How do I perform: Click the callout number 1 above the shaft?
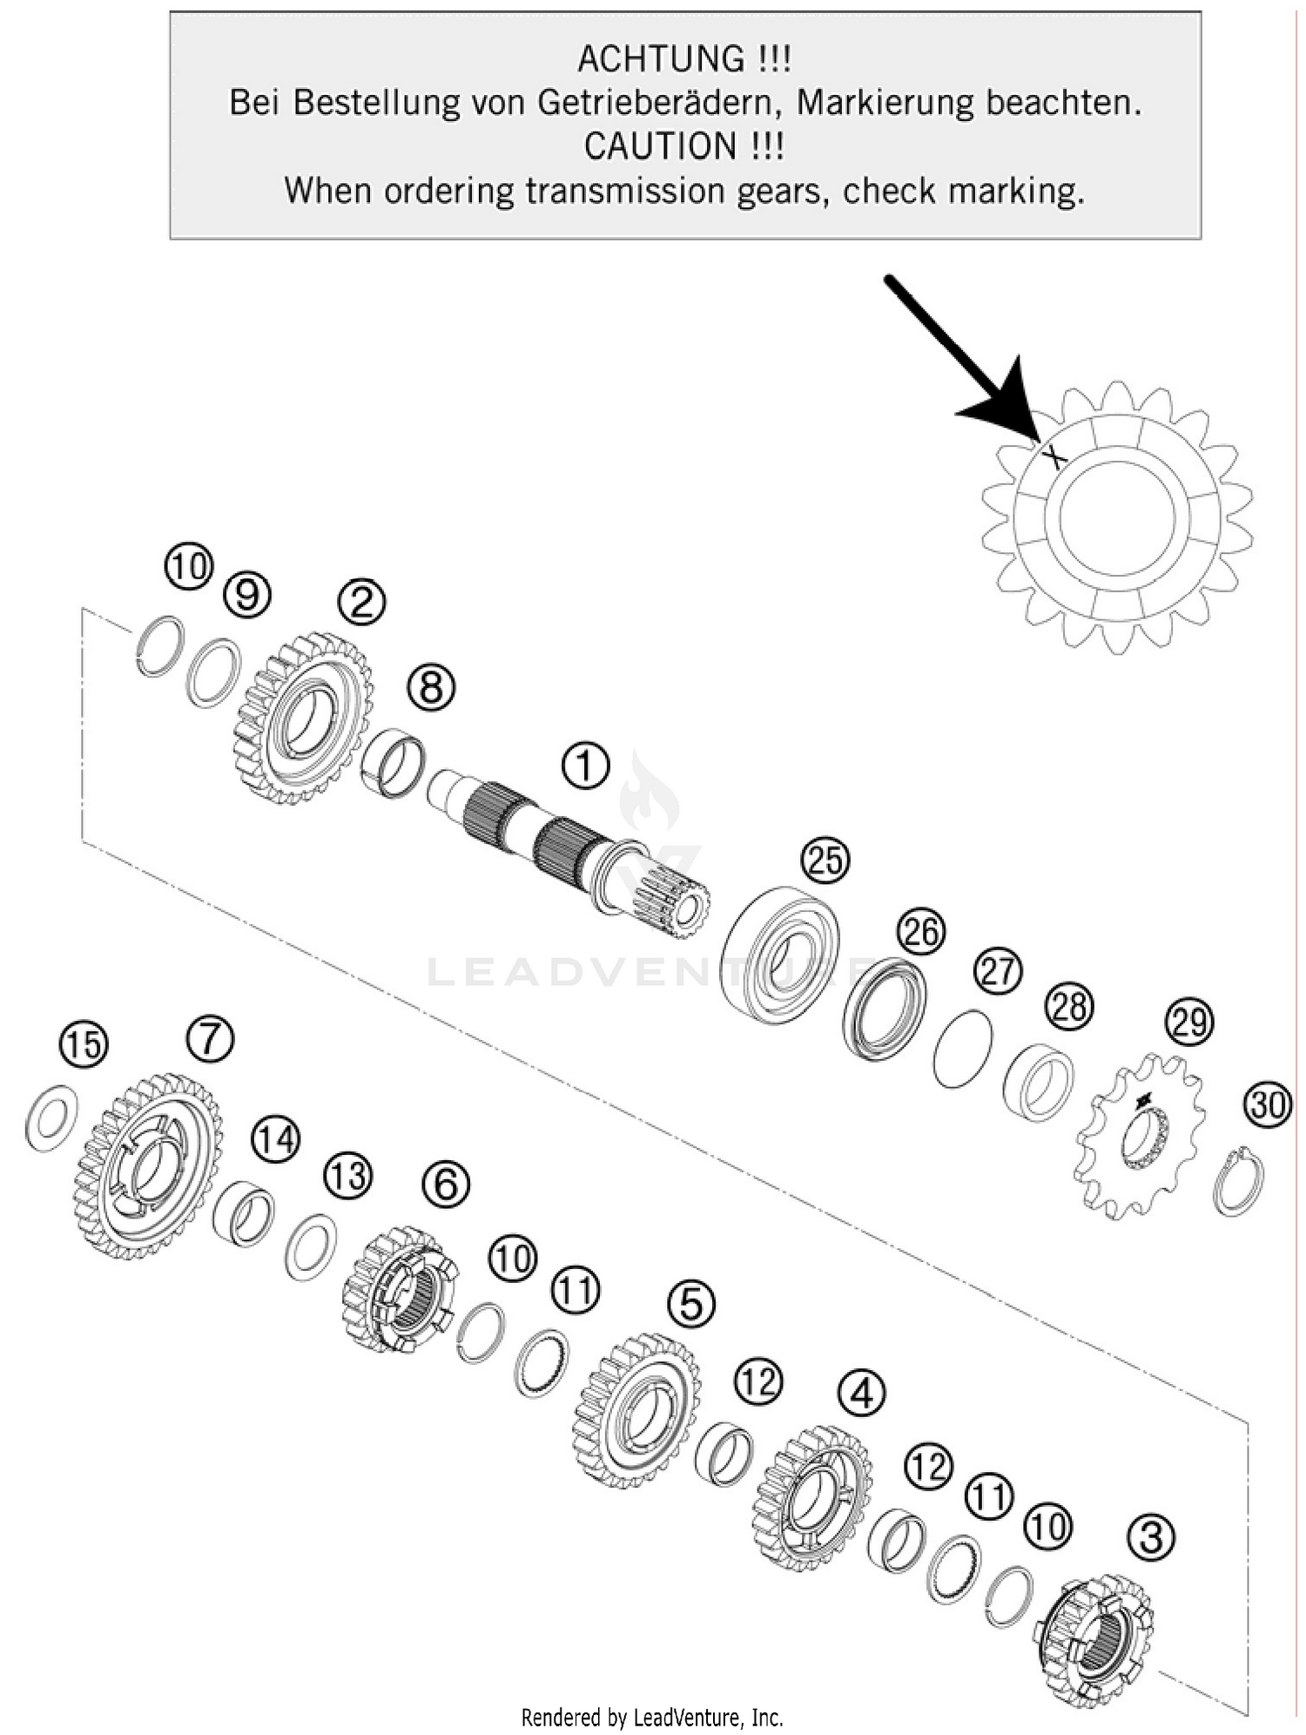coord(586,766)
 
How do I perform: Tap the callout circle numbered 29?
coord(1190,1021)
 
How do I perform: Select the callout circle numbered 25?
coord(825,861)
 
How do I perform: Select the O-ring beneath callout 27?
coord(962,1048)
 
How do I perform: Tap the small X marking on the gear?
coord(1054,456)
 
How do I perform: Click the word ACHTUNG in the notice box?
coord(660,59)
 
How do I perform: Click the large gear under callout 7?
coord(148,1167)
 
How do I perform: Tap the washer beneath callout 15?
coord(51,1117)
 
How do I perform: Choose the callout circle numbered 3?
coord(1151,1536)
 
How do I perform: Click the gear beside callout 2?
coord(303,718)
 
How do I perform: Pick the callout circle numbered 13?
coord(348,1177)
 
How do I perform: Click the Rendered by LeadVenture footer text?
coord(652,1717)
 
